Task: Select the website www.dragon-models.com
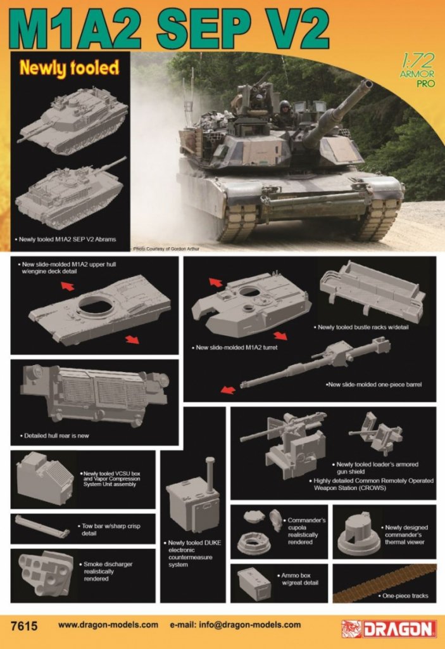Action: pos(108,625)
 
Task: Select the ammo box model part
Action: pos(254,584)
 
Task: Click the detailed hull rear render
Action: pos(95,394)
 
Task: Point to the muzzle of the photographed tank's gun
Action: pos(366,84)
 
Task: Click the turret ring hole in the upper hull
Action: pos(96,307)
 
